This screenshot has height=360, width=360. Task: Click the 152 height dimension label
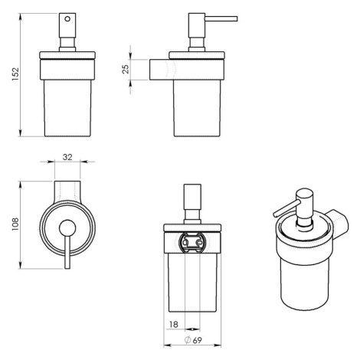(x=15, y=74)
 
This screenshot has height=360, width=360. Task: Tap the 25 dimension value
(x=126, y=69)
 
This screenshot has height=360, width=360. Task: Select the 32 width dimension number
(x=67, y=157)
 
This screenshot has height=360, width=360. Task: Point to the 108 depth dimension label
(x=15, y=224)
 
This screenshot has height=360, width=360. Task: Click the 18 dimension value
(x=174, y=325)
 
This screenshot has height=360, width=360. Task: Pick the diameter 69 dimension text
(x=193, y=340)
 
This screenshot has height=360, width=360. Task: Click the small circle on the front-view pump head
(x=67, y=19)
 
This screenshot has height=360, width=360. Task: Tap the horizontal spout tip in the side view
(x=237, y=19)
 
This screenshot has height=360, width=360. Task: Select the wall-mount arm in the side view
(x=162, y=70)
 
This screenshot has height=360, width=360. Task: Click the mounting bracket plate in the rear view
(x=192, y=242)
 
